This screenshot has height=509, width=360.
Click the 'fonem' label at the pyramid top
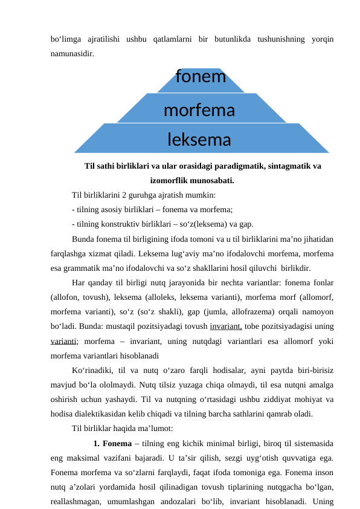pyautogui.click(x=201, y=77)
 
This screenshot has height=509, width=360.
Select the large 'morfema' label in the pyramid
pyautogui.click(x=199, y=111)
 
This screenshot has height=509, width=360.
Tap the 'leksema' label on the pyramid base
pyautogui.click(x=199, y=140)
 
